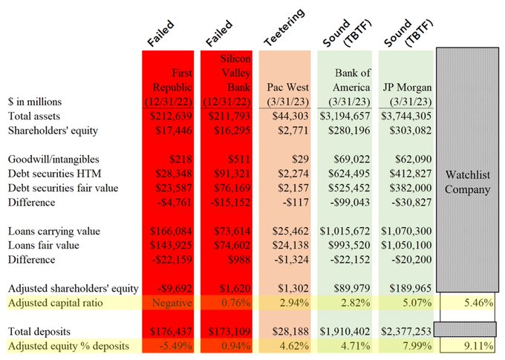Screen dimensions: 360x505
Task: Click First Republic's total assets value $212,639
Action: click(173, 117)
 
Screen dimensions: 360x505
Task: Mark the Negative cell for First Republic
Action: click(172, 302)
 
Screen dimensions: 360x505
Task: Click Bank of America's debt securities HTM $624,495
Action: click(345, 174)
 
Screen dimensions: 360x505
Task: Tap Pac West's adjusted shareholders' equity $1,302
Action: click(288, 288)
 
